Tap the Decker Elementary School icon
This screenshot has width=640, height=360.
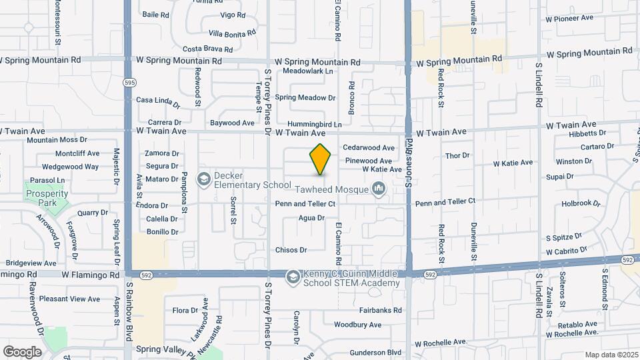[204, 179]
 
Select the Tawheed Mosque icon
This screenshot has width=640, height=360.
[379, 189]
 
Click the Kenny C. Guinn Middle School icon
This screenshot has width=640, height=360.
[293, 277]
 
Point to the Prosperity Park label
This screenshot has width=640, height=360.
[47, 194]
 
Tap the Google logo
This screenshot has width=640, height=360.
[22, 351]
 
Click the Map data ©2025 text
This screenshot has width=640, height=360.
[611, 355]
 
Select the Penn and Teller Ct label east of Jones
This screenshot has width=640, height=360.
[445, 201]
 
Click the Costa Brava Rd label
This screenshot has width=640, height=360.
[207, 49]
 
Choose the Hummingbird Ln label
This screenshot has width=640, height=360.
[315, 124]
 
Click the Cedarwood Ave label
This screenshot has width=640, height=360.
[369, 147]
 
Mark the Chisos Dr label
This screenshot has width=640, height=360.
[291, 250]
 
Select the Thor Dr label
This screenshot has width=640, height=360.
[457, 155]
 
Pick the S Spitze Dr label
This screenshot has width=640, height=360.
[564, 237]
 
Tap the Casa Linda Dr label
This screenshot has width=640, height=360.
[158, 101]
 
